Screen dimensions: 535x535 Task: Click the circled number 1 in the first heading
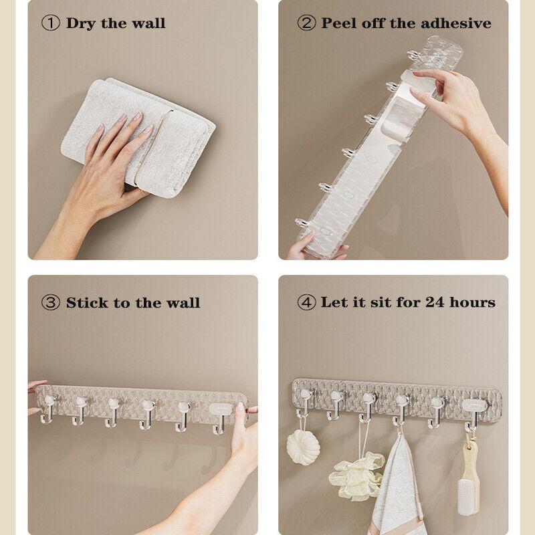click(x=51, y=23)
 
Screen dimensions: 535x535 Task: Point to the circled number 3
click(x=51, y=303)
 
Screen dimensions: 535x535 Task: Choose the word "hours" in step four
click(x=472, y=302)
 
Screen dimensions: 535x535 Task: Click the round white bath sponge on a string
click(x=302, y=447)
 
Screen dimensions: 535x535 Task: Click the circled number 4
click(x=306, y=302)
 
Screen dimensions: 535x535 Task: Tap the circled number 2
click(x=306, y=23)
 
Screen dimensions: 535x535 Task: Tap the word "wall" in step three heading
click(x=183, y=303)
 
